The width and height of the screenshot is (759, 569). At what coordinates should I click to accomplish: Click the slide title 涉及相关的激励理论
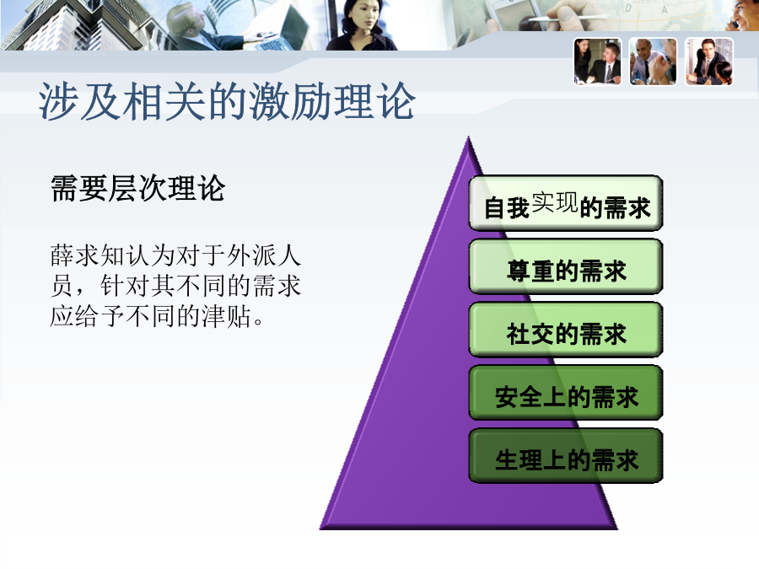[227, 101]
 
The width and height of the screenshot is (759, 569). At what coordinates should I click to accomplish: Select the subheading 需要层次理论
[138, 188]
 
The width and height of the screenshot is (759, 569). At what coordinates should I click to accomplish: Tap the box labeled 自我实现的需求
[565, 203]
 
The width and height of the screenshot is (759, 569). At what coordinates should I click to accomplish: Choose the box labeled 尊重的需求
[565, 266]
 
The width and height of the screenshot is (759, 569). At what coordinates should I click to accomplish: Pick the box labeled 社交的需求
[565, 330]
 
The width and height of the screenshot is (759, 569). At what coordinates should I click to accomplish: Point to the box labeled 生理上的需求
[565, 456]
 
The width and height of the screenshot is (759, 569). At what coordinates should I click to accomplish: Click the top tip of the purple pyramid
[468, 137]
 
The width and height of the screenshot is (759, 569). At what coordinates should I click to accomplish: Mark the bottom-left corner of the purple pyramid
[320, 529]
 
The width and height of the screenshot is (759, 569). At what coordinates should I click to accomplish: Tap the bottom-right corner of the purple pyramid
[617, 529]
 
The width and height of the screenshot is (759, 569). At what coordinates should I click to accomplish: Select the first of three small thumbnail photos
[597, 62]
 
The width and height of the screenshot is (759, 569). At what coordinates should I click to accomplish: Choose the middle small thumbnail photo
[653, 62]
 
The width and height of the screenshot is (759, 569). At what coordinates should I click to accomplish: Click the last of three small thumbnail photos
[709, 62]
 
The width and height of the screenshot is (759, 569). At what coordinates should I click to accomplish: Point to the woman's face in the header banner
[361, 17]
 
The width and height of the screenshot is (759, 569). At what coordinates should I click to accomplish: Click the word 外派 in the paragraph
[251, 255]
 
